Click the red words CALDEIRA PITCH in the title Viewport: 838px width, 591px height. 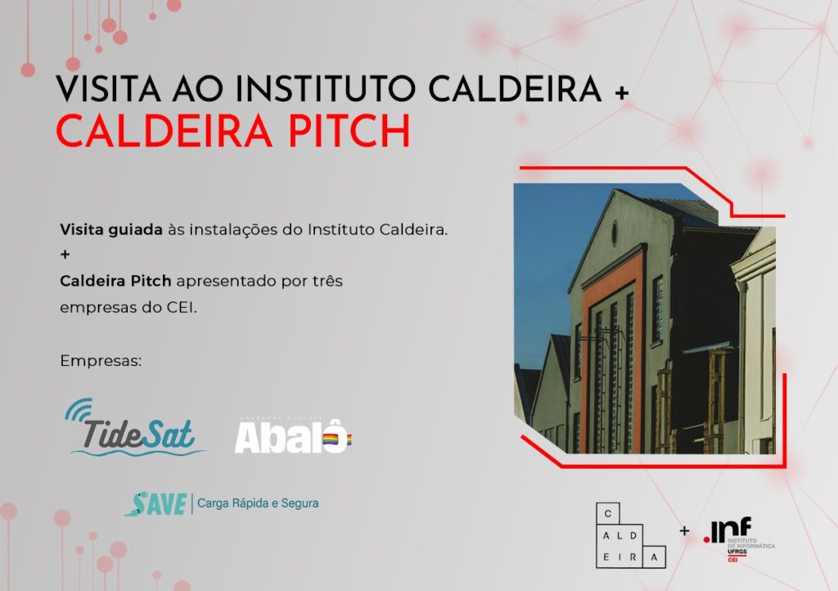[x=233, y=132]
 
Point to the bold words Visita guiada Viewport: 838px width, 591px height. [x=110, y=230]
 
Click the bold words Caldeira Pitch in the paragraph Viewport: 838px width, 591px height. [x=115, y=281]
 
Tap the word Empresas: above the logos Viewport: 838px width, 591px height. [x=101, y=360]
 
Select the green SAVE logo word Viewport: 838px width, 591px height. [x=155, y=503]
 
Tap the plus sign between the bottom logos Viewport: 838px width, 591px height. [x=684, y=530]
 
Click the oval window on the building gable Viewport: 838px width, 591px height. [x=615, y=232]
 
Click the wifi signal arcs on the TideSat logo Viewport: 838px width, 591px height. [x=79, y=409]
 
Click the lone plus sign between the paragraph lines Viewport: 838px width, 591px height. [x=65, y=255]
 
